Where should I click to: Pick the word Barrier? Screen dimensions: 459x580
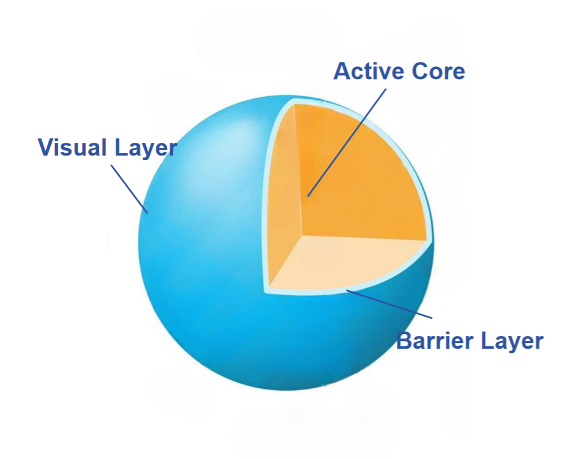coord(436,340)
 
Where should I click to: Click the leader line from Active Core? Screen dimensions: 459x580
coord(348,140)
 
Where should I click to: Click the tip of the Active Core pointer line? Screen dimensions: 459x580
coord(307,196)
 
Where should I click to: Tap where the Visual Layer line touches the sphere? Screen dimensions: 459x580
coord(147,212)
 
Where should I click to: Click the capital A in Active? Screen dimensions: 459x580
coord(343,71)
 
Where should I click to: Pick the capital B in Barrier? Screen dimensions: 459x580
coord(405,340)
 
